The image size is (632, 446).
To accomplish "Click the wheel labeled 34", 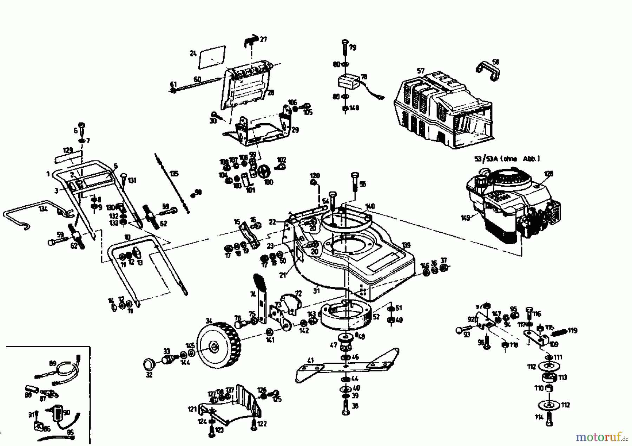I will tap(218, 345).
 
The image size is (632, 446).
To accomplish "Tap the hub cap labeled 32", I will tap(150, 363).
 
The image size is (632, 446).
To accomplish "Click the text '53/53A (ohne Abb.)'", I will tap(507, 159).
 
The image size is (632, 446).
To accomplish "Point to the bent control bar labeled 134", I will tap(32, 213).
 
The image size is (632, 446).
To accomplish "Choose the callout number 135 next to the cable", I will tap(173, 174).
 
